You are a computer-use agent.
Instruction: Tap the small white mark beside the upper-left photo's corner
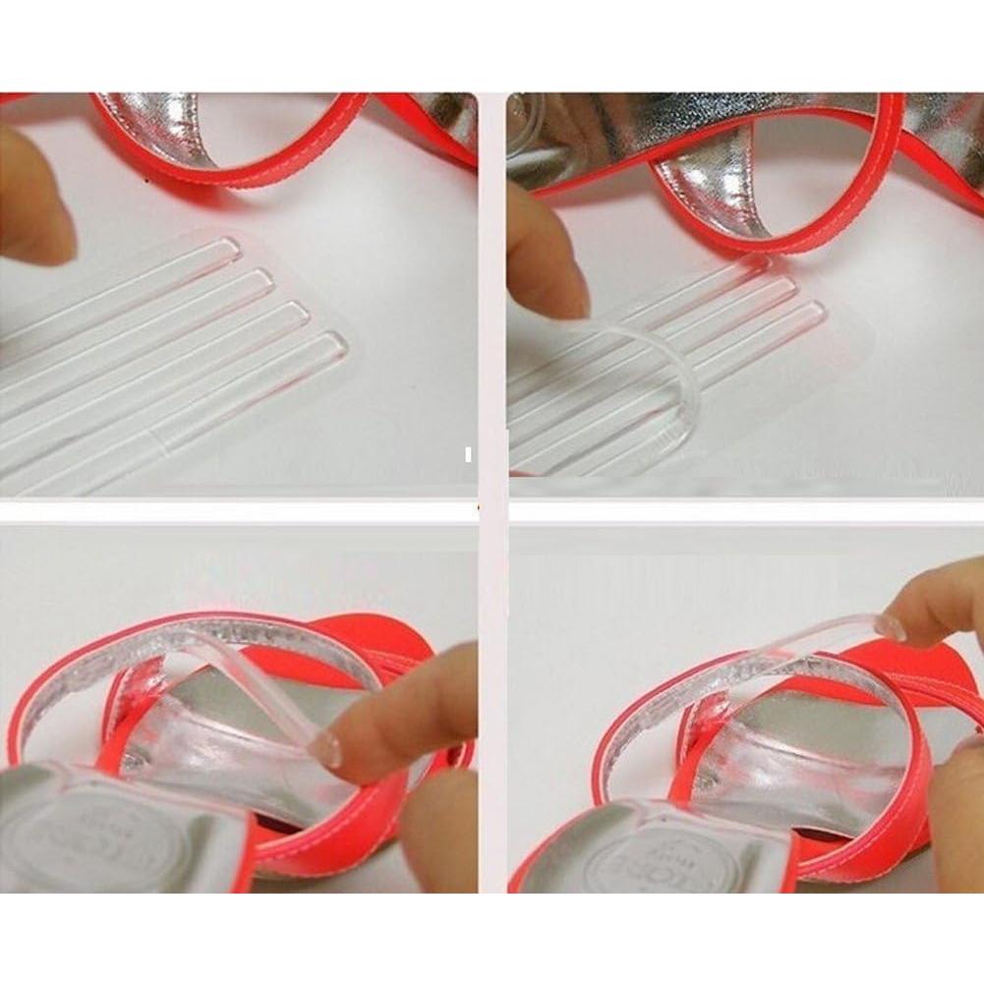coord(468,455)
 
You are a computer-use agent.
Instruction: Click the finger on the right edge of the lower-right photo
coord(958,806)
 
